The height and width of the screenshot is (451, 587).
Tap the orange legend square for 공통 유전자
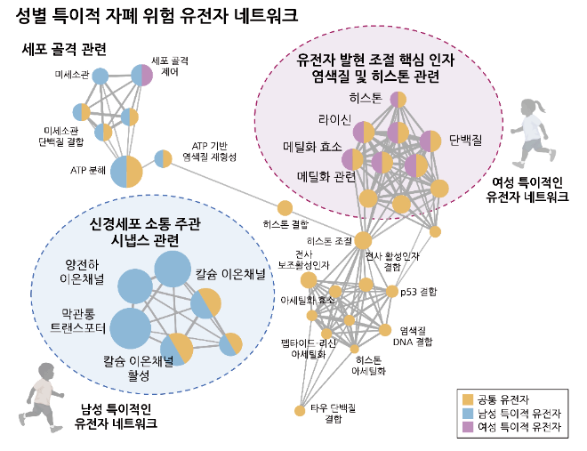(468, 397)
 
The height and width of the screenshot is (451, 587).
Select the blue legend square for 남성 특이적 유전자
(468, 412)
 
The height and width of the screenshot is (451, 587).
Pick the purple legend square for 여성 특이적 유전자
(468, 427)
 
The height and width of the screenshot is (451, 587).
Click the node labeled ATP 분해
(125, 171)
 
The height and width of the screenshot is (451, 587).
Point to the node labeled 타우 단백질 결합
(301, 410)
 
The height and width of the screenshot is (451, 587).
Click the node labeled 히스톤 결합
(285, 208)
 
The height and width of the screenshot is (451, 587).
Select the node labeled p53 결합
(392, 291)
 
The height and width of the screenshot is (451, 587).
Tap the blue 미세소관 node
(101, 77)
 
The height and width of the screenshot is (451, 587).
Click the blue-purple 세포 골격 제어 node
(141, 76)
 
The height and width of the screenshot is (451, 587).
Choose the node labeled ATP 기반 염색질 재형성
(164, 159)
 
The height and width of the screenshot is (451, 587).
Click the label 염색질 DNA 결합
(412, 336)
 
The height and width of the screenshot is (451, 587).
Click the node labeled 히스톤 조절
(363, 240)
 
